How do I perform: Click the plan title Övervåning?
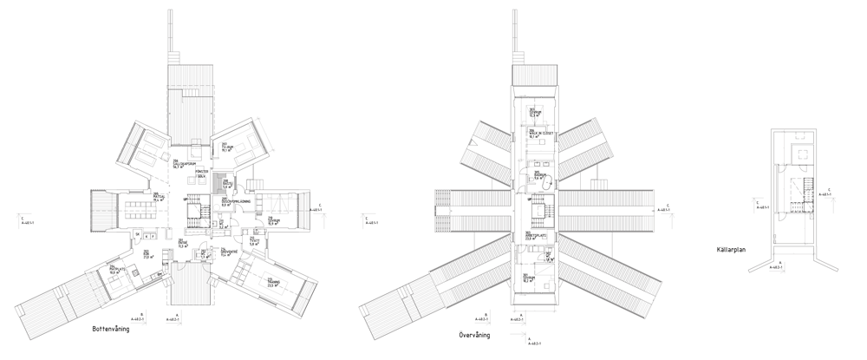tap(476, 334)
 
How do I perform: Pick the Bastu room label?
tap(226, 184)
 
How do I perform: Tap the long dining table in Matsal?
tap(138, 209)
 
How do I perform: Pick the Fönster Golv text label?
tap(201, 174)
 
